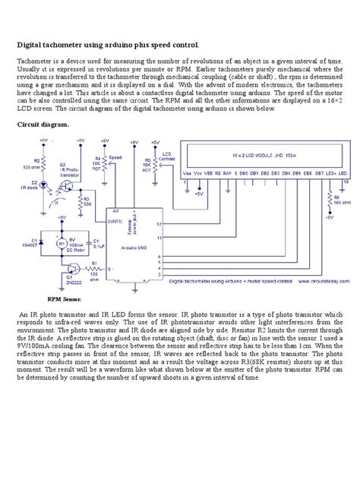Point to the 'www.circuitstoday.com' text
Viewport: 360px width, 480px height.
point(322,280)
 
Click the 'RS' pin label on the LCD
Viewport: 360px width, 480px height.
point(217,173)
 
